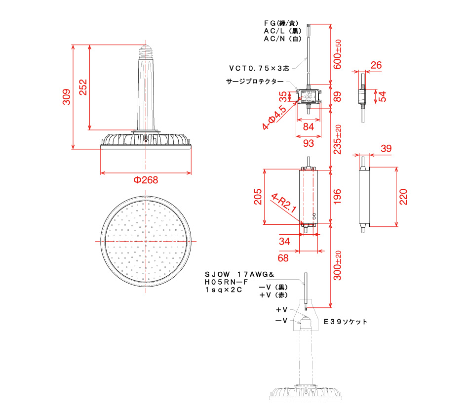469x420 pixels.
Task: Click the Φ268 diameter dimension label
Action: [146, 180]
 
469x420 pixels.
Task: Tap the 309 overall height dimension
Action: [67, 97]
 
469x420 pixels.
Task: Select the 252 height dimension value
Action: [83, 87]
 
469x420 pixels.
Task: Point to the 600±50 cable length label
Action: [337, 54]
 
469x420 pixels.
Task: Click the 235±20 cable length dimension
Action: [337, 139]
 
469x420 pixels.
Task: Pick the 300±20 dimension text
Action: [337, 265]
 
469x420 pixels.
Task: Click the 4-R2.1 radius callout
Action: [283, 203]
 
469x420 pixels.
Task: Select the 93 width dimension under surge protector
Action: [309, 143]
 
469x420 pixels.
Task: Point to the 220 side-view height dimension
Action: [403, 197]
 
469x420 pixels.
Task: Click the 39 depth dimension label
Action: [386, 148]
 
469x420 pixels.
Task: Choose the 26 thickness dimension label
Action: [376, 65]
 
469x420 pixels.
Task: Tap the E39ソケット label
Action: [346, 322]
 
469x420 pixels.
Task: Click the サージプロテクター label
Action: [255, 82]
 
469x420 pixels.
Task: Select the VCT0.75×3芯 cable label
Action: [259, 68]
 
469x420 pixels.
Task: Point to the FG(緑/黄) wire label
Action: [281, 23]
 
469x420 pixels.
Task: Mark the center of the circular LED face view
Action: [146, 241]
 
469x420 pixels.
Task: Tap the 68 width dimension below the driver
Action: [283, 258]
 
